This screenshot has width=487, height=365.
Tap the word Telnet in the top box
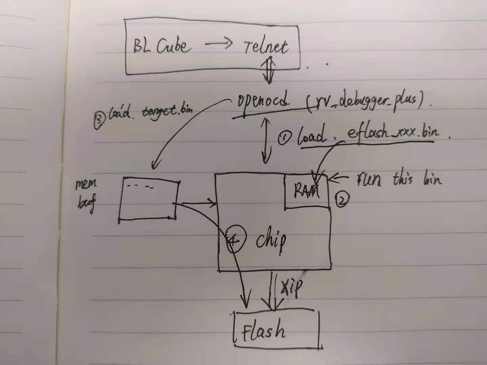[266, 47]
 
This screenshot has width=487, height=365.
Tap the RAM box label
[306, 190]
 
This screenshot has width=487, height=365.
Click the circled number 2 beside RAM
[342, 200]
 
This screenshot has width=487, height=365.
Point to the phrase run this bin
[399, 178]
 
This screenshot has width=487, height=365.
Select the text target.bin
[167, 111]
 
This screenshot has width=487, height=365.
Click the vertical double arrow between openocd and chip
[266, 140]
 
